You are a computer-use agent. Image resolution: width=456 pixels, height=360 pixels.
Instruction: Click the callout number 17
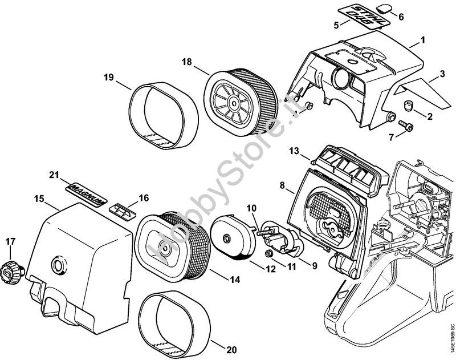[x=10, y=242]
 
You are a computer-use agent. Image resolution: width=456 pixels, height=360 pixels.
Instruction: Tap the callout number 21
[x=54, y=175]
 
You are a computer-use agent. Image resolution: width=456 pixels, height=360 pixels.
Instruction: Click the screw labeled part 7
[x=406, y=126]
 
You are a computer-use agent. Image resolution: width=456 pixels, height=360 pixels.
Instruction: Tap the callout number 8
[x=283, y=185]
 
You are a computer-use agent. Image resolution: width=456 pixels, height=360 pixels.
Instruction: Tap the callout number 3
[x=442, y=74]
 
